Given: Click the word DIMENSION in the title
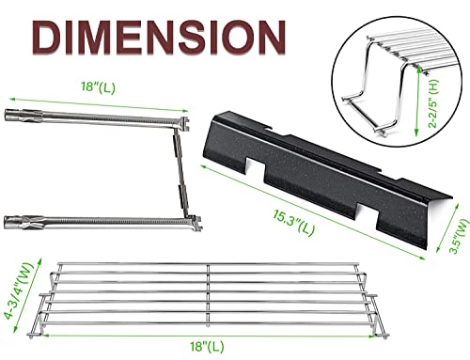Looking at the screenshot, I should [x=162, y=38].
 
